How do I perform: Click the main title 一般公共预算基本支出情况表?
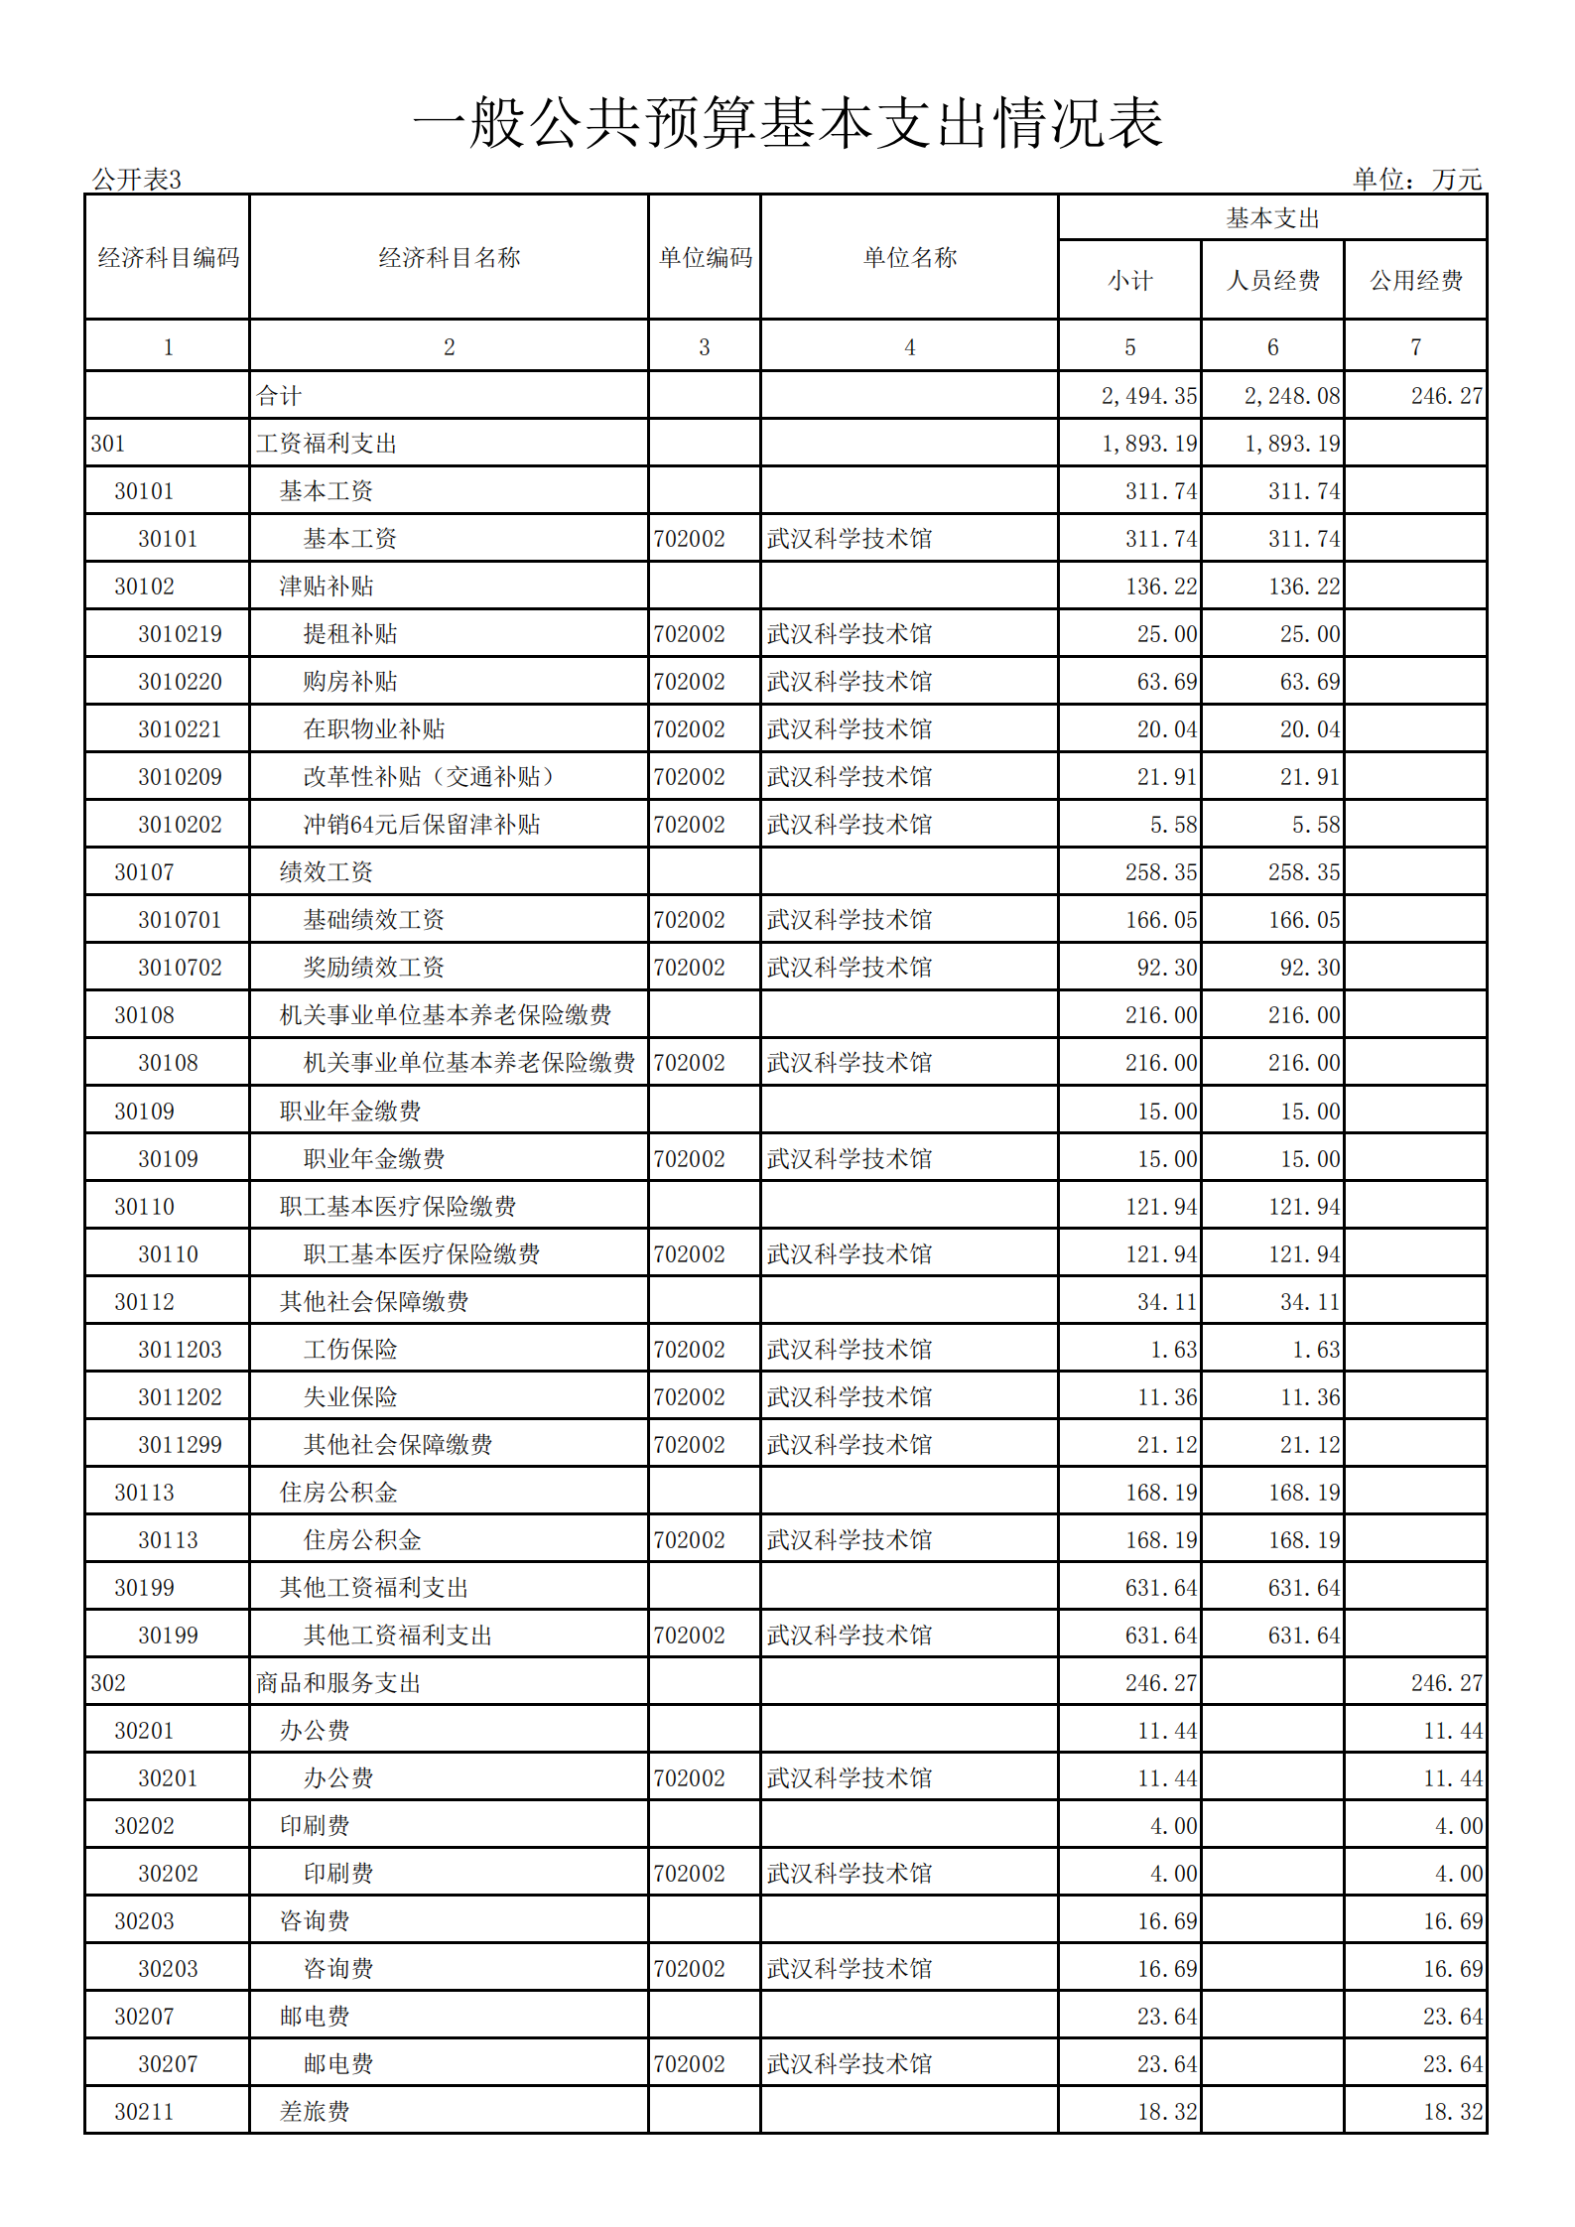click(x=787, y=123)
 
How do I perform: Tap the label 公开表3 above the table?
click(x=136, y=180)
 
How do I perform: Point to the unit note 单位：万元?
click(x=1416, y=180)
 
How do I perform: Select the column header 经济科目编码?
click(x=168, y=258)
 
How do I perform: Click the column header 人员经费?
click(x=1272, y=281)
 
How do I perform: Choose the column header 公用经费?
click(x=1416, y=281)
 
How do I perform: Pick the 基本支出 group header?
click(x=1272, y=218)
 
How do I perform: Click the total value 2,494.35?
click(x=1148, y=396)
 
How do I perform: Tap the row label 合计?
click(x=279, y=396)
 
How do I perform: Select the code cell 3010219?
click(x=180, y=634)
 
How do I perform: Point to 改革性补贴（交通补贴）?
click(x=429, y=777)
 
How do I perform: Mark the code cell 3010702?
click(x=180, y=968)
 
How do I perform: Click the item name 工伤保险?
click(x=350, y=1350)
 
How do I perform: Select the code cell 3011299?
click(x=180, y=1445)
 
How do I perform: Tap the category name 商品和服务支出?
click(x=338, y=1683)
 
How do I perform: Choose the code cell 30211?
click(x=144, y=2112)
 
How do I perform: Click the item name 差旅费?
click(x=315, y=2112)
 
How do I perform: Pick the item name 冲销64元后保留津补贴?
click(x=422, y=825)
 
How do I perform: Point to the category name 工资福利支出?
click(x=327, y=444)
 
